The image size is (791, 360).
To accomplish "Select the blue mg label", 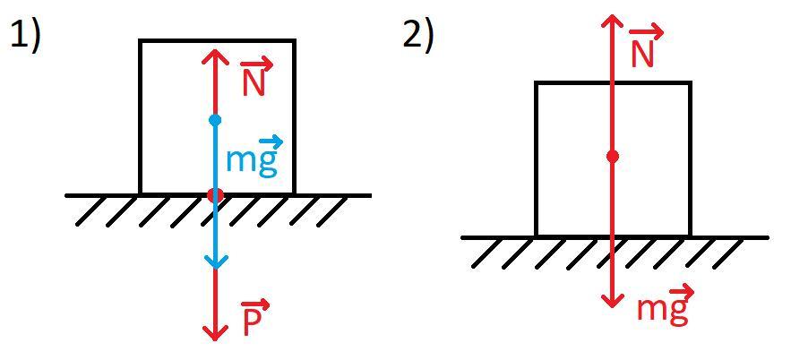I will (254, 159).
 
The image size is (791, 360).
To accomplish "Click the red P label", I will (254, 320).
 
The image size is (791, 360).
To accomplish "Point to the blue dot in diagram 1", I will (214, 120).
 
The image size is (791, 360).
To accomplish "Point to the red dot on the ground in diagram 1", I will (214, 195).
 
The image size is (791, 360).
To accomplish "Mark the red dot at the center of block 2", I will (612, 157).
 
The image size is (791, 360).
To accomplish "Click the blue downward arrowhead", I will (214, 262).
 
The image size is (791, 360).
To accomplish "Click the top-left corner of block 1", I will (141, 41).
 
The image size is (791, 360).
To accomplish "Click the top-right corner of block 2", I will (690, 83).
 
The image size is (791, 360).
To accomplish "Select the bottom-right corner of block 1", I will (294, 193).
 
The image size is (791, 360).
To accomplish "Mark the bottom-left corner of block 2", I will (537, 236).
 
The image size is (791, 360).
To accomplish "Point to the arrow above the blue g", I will (270, 141).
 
